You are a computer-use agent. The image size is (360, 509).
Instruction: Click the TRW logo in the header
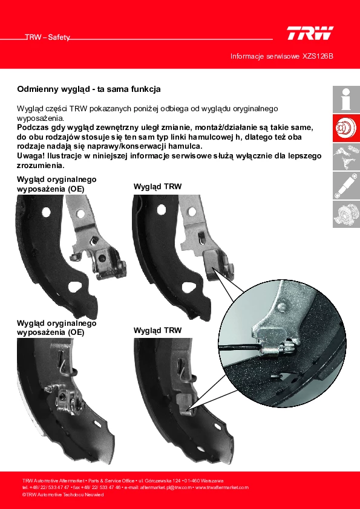coord(310,33)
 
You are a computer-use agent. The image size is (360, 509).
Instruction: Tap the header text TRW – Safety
coord(47,37)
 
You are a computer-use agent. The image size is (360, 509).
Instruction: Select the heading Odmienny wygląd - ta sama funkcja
coord(89,89)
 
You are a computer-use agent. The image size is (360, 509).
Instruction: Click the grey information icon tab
coord(346,99)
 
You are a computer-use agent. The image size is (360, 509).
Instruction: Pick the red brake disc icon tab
coord(346,128)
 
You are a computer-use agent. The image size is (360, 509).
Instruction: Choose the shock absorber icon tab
coord(346,186)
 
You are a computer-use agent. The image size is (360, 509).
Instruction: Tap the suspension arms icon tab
coord(346,157)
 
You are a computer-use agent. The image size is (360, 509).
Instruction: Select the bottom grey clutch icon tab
coord(346,214)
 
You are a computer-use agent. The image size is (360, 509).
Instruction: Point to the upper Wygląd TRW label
coord(157,187)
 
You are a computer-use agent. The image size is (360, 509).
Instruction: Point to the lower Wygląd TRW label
coord(157,331)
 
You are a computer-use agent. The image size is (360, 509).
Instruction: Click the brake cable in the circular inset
coord(240,348)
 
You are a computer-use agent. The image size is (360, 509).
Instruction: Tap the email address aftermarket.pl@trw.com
coord(167,487)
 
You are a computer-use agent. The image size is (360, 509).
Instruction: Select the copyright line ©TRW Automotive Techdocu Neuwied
coord(63,494)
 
